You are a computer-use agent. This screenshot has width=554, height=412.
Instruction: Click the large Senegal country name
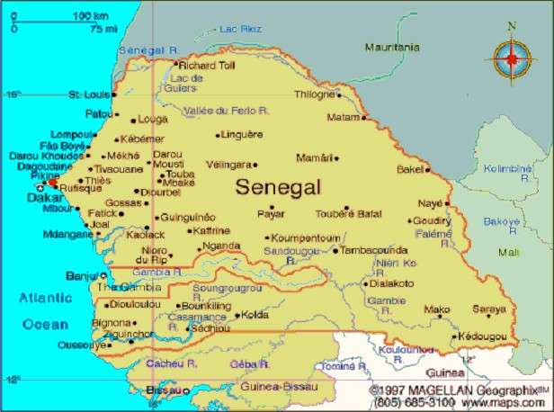pyautogui.click(x=278, y=188)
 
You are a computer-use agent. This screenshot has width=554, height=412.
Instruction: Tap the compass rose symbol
pyautogui.click(x=511, y=59)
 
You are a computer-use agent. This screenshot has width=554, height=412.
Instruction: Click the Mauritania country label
pyautogui.click(x=391, y=47)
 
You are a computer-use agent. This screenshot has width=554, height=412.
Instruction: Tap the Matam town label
pyautogui.click(x=343, y=117)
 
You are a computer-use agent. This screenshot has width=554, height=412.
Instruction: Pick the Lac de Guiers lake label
pyautogui.click(x=185, y=83)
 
